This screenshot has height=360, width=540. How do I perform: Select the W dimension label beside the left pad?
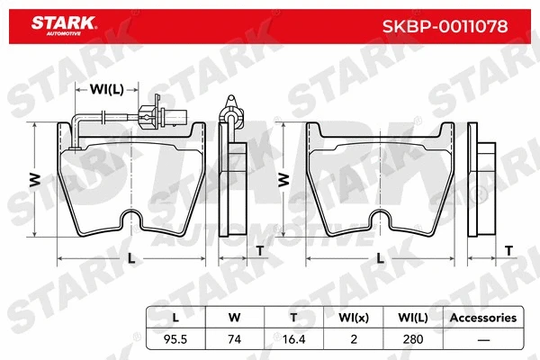tap(35, 180)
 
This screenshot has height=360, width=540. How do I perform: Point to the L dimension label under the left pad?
tap(131, 258)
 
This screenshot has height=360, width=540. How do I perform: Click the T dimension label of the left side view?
tap(259, 249)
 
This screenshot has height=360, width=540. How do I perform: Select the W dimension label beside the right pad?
tap(284, 180)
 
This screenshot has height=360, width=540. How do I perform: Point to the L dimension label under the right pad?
tap(381, 258)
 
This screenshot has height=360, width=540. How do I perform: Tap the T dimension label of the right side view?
tap(508, 249)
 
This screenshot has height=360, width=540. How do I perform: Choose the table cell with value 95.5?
tap(175, 339)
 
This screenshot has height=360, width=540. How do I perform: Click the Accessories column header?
tap(481, 318)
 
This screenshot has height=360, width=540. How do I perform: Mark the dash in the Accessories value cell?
tap(481, 339)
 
